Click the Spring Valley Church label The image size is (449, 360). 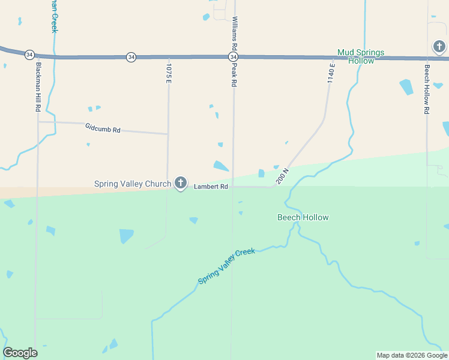coord(133,184)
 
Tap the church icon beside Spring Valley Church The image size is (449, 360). coord(181,184)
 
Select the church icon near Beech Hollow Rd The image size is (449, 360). coord(439,47)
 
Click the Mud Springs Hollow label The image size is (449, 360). coord(360,56)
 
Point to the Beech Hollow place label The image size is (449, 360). coord(303,217)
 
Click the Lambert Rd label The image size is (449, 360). coord(211,187)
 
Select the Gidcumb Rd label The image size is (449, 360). coord(103,129)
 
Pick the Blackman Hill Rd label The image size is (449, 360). coord(38,88)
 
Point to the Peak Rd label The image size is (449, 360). coord(234,75)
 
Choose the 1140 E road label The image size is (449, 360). coord(331,72)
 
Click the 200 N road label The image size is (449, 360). coord(283,176)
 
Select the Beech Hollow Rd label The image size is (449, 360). coord(427,89)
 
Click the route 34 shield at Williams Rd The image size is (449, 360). coord(234,57)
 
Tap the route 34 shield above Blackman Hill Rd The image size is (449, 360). coord(29,55)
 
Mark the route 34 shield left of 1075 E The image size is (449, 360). coord(131,57)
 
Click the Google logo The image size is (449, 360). coord(20,353)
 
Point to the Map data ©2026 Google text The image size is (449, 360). coord(411,355)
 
